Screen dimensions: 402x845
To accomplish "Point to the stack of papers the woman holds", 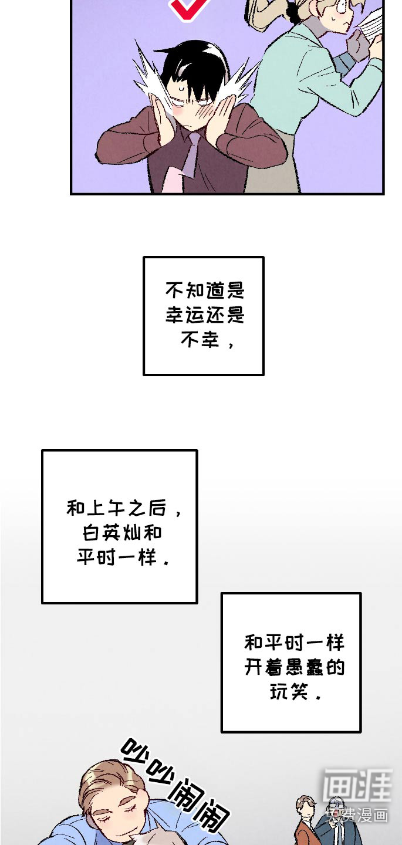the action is coord(371,26).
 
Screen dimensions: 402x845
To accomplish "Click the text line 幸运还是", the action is coord(205,315).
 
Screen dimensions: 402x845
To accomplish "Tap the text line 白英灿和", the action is coord(122,533).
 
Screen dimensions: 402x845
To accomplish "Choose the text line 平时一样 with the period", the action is coord(123,557).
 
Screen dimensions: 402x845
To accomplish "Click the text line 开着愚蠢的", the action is coord(295,667).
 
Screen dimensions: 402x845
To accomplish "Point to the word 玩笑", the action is coord(289,692).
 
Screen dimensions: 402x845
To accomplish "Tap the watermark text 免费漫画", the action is coord(357,815).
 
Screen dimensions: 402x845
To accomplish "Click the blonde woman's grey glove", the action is coord(356,43).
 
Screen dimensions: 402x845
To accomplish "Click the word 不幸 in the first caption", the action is coord(200,339).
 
